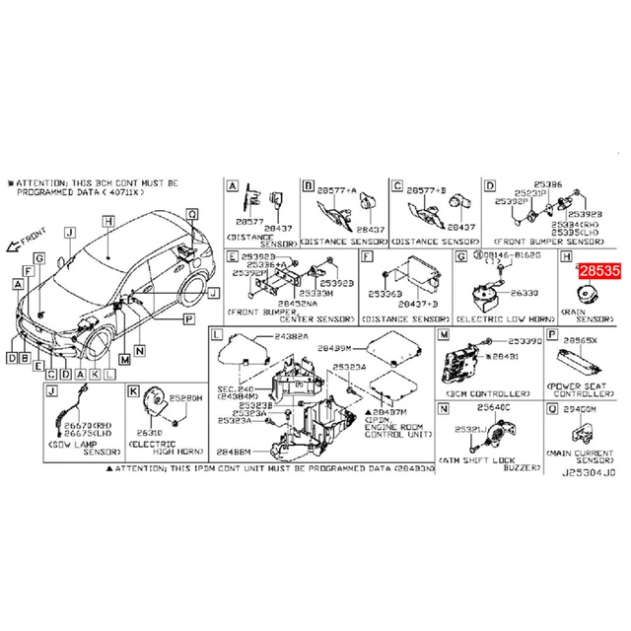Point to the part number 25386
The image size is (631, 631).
tap(549, 184)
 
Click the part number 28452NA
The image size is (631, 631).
tap(272, 304)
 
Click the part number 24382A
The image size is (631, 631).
tap(292, 337)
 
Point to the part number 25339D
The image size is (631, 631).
tap(523, 341)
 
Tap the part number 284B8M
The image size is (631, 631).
tap(235, 450)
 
